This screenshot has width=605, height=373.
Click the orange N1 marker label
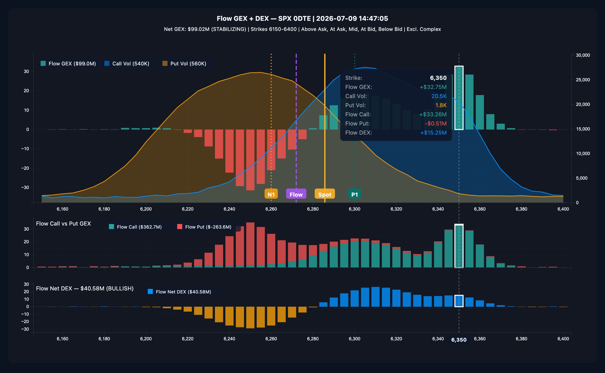pos(271,194)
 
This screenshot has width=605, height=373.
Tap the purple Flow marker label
pos(296,194)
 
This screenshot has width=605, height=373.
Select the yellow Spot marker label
pos(325,194)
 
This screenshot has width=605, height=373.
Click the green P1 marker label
pos(355,194)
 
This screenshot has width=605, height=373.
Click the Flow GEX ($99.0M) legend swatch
pos(43,63)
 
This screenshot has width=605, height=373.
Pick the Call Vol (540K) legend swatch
pos(107,63)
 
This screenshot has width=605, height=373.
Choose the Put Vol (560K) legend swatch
pos(165,63)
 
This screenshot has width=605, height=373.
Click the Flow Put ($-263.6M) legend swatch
pos(180,227)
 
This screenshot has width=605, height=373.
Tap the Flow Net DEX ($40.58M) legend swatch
pos(150,291)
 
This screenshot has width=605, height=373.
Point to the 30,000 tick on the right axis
pos(583,55)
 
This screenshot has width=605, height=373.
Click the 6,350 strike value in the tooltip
pos(438,78)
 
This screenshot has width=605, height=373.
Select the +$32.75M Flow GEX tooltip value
pos(433,87)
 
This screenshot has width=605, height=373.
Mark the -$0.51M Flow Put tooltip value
pos(436,123)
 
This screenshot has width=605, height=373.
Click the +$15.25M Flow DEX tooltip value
pos(433,133)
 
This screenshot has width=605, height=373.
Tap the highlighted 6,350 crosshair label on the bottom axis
pos(459,340)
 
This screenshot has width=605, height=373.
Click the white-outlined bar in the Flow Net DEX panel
pos(459,301)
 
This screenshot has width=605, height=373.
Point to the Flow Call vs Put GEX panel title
pos(63,223)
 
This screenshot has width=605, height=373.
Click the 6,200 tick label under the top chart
pos(146,209)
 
